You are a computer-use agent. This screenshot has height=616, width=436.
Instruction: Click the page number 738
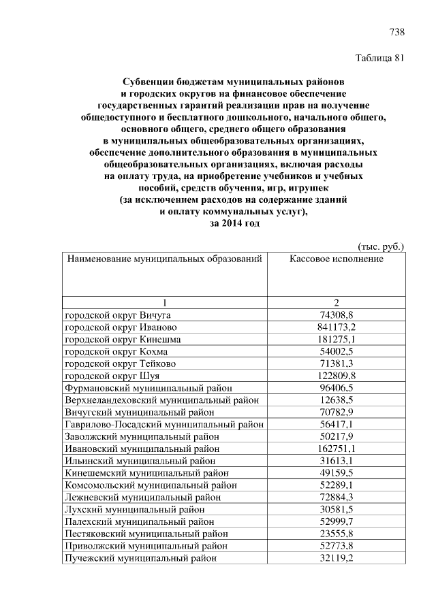(x=396, y=32)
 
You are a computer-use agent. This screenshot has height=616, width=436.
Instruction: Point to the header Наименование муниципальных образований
(x=163, y=259)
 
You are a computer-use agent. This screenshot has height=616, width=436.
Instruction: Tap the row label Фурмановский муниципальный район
(x=149, y=388)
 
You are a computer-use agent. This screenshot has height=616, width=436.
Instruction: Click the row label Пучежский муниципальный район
(x=144, y=559)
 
